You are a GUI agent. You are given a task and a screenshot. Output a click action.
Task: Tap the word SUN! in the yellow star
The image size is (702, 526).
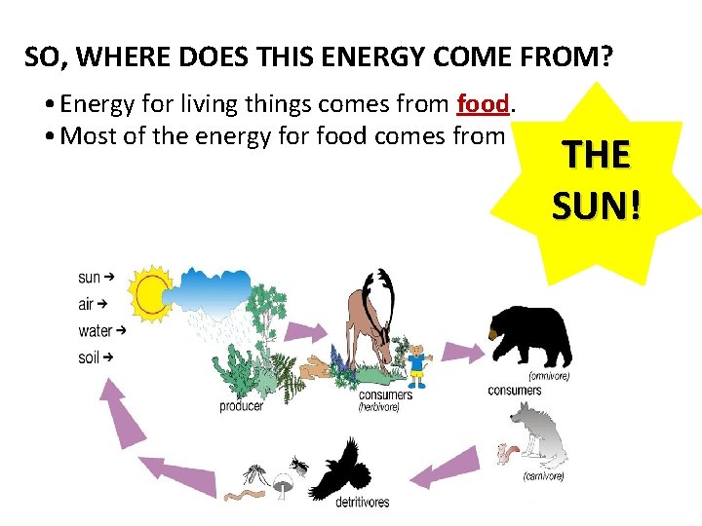596,206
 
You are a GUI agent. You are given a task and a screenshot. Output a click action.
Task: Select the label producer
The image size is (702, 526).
241,406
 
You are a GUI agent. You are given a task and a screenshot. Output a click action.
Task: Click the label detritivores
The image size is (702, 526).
361,503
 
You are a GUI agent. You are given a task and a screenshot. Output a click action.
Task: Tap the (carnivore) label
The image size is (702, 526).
543,476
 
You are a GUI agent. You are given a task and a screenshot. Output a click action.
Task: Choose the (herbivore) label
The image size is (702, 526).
378,406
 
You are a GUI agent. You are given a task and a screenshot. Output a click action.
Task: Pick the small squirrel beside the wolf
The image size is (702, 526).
506,454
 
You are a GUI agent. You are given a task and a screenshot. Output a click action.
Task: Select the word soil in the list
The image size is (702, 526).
89,357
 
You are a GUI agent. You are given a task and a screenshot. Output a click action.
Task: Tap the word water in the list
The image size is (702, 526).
95,331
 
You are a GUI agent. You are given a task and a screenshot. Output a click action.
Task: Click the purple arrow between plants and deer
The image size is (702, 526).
321,332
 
